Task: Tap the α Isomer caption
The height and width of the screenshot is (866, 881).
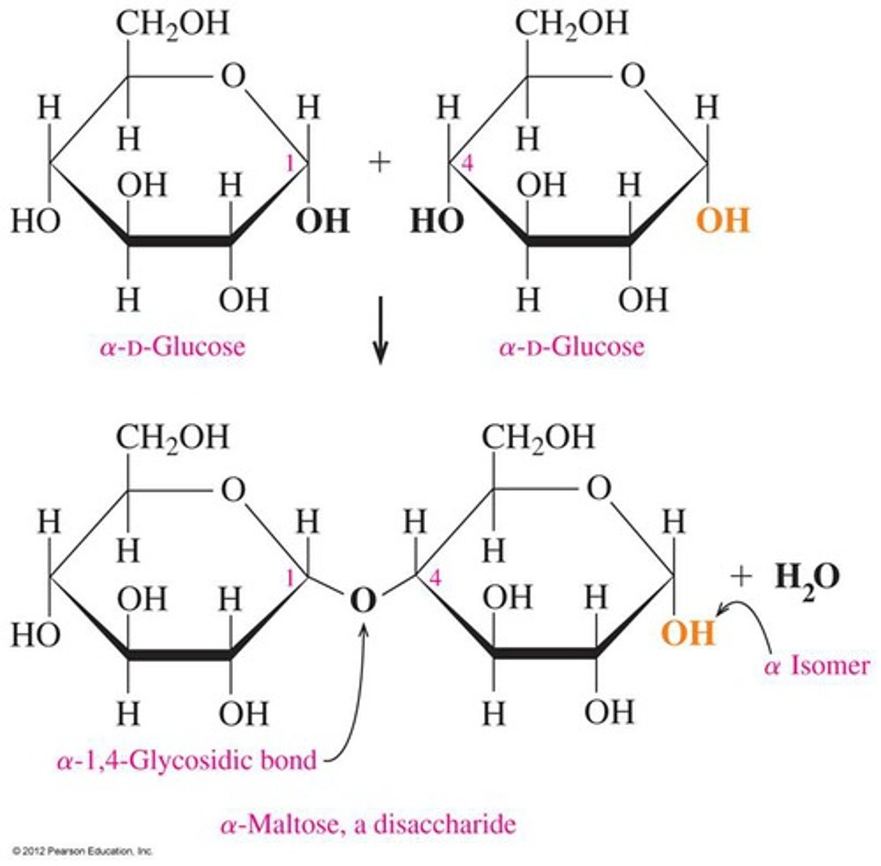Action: point(816,665)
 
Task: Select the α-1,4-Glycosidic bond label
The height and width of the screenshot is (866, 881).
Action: point(187,760)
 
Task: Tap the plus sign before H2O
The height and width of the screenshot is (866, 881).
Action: point(741,576)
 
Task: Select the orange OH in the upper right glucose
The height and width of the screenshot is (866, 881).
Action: point(724,220)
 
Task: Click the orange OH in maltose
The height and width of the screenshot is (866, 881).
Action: point(688,634)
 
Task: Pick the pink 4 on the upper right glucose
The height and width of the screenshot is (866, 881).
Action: point(467,165)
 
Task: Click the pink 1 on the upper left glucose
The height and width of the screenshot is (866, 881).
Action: point(290,165)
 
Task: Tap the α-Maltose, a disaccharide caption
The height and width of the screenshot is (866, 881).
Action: point(368,823)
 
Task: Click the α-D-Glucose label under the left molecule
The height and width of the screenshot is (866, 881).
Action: point(172,347)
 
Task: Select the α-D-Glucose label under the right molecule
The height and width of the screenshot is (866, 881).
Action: point(571,347)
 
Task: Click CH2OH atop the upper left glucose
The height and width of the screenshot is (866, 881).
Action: point(172,24)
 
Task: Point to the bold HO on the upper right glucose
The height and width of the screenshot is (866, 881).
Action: point(436,220)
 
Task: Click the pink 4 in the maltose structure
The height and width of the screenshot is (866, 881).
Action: point(434,578)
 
